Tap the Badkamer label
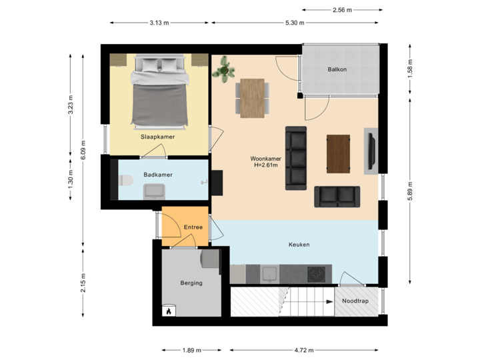coord(158,175)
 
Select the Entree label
coord(193,227)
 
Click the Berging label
coord(191,283)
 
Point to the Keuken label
coord(299,245)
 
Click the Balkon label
coord(337,69)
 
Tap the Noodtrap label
coord(355,301)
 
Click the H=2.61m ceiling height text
coord(265,165)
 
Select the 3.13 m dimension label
coord(159,23)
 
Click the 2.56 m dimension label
coord(342,10)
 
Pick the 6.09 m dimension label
coord(83,150)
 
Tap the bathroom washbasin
coord(155,192)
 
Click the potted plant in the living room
coord(224,69)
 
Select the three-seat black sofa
coord(296,158)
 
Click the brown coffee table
coord(339,154)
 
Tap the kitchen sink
coord(270,273)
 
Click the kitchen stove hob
coord(316,273)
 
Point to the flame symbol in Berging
coord(169,310)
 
